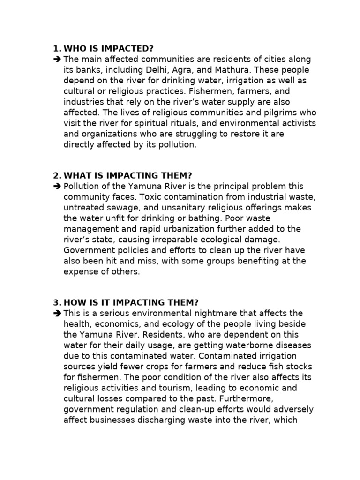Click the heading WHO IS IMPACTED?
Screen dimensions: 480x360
(109, 49)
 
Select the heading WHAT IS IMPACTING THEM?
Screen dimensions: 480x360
(128, 175)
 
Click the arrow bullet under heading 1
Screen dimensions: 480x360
(57, 60)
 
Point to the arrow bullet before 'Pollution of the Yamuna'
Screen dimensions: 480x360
(57, 187)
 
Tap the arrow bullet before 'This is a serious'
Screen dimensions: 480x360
(57, 313)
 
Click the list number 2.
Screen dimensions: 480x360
(56, 175)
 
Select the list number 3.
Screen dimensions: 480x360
(56, 302)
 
